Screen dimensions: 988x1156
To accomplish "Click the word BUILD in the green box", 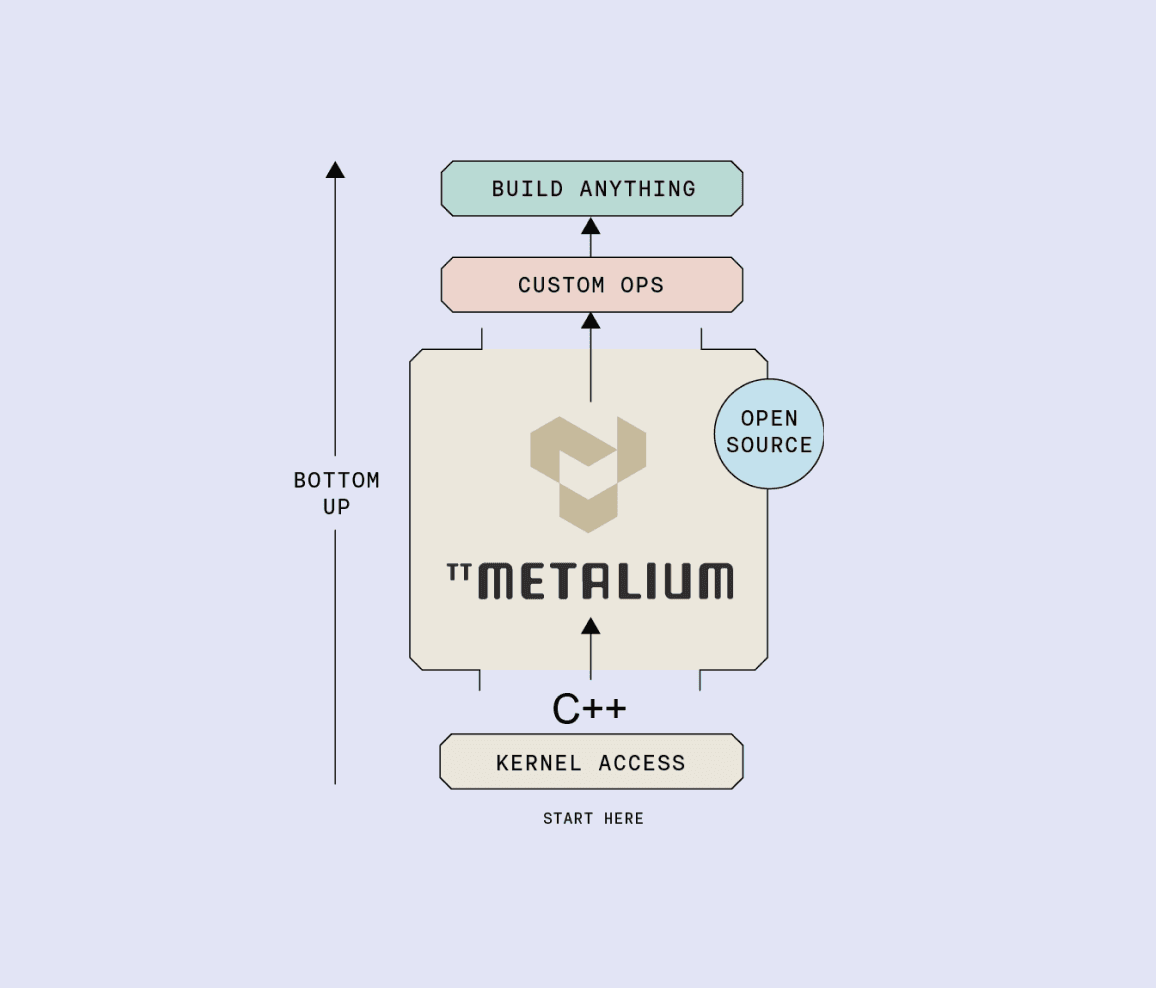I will pos(527,189).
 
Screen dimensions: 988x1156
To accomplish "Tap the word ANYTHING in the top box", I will pos(637,189).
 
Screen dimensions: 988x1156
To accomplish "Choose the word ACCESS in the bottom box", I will pos(642,763).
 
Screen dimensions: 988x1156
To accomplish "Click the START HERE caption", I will pos(593,819).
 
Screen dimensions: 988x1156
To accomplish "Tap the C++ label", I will pos(590,709).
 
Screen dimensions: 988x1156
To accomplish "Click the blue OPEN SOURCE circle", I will pos(769,433).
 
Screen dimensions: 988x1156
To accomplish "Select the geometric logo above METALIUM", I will pos(588,473).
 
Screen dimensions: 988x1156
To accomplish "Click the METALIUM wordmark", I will pos(606,581).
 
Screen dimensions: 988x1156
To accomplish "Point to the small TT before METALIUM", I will pos(459,572).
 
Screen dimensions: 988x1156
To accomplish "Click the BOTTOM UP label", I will pos(336,493).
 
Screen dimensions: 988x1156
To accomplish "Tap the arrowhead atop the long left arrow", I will pos(335,170).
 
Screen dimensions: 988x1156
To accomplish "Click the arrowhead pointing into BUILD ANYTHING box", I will pos(591,226).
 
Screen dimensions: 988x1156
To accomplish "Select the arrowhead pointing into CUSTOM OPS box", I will pos(591,321).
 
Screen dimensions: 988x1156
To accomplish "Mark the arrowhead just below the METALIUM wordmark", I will pos(591,626).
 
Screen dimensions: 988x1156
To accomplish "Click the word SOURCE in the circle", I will pos(769,445).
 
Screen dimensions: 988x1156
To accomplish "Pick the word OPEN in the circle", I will pos(769,419).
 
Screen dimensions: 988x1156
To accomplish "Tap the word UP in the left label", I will pos(336,507).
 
